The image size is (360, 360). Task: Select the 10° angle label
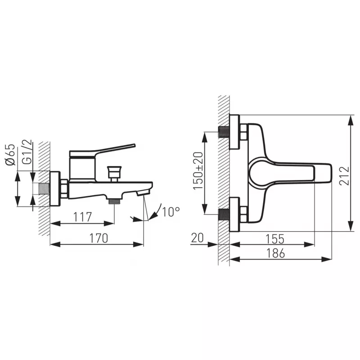[x=171, y=211]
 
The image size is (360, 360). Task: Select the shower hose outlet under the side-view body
[x=115, y=201]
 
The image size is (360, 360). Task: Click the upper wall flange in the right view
[x=234, y=132]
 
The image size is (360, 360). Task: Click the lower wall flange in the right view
[x=234, y=214]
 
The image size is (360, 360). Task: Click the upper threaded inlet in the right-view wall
[x=223, y=132]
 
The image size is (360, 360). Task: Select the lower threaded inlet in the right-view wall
[x=223, y=214]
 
